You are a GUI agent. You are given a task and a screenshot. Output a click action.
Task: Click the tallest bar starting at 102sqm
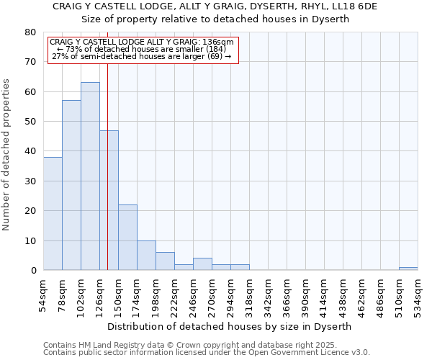point(90,176)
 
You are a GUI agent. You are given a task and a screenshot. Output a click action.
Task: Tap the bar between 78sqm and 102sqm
point(71,185)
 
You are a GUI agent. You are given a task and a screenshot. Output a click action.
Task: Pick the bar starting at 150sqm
point(127,238)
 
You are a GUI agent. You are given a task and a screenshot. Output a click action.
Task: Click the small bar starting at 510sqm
point(408,269)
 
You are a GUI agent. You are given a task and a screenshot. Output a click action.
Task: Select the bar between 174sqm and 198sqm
point(146,256)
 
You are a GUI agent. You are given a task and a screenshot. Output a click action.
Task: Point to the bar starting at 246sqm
point(202,264)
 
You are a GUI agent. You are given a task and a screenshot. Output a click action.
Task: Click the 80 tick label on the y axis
point(30,32)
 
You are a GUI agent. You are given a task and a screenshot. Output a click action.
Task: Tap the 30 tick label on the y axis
point(30,181)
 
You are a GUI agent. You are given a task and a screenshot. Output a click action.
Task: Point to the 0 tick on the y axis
point(33,271)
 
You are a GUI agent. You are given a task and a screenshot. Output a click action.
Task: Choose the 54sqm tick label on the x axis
point(43,294)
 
